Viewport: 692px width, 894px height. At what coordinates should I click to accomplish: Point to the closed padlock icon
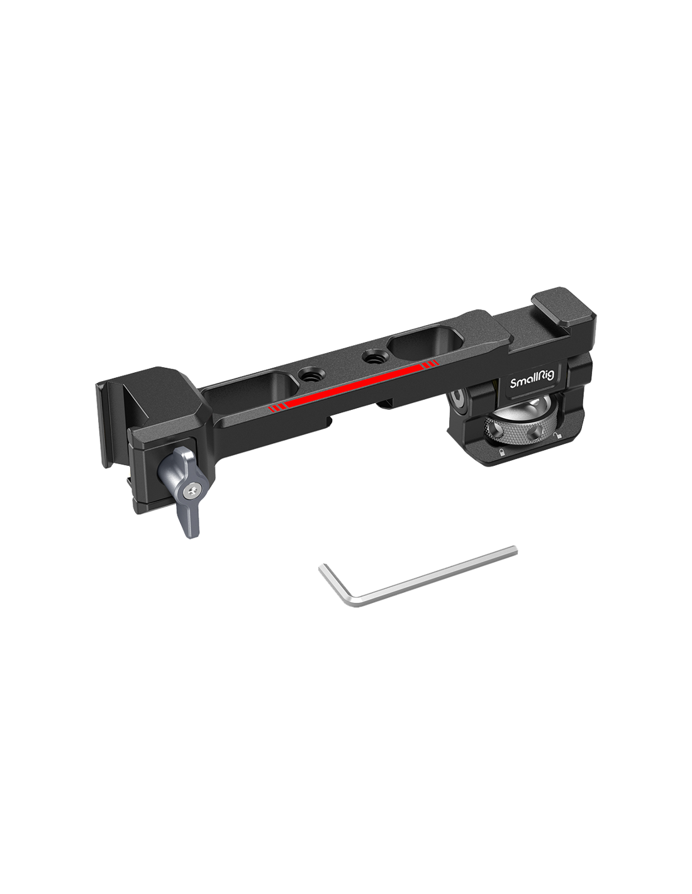[501, 453]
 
